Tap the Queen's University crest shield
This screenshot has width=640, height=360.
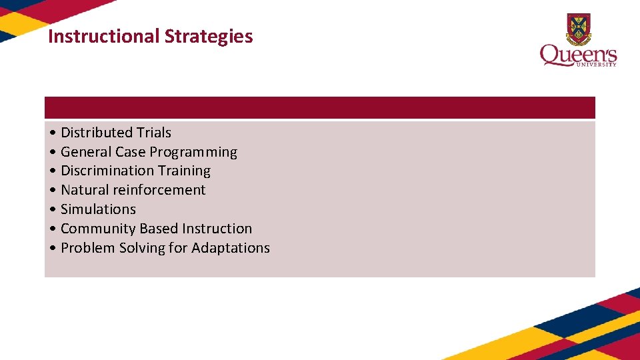578,28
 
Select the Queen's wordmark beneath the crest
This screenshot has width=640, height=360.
578,55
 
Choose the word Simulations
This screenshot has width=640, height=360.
98,209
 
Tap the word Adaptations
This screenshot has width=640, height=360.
231,248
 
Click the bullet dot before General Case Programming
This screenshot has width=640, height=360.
53,153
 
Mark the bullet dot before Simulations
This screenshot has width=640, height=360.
53,210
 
